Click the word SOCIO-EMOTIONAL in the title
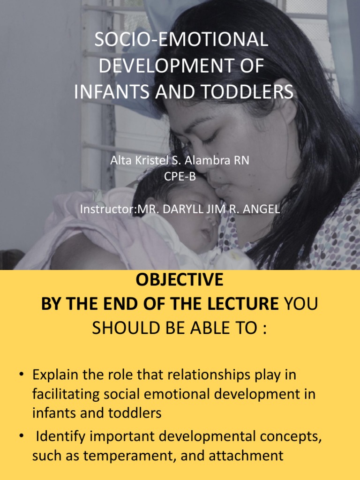point(181,40)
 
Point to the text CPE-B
point(180,177)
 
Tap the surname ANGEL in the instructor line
point(258,210)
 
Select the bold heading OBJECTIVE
point(180,280)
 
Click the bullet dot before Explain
point(22,375)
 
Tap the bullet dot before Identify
point(22,436)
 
